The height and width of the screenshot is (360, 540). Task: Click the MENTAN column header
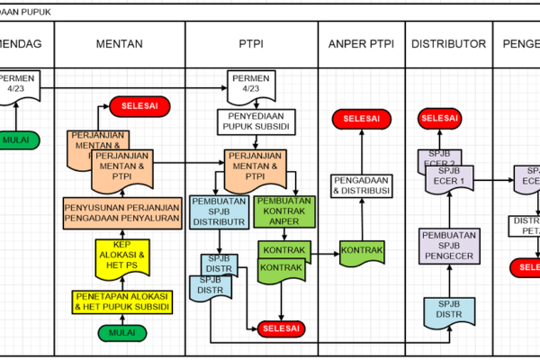coord(120,43)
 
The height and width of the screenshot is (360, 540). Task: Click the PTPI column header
coord(251,43)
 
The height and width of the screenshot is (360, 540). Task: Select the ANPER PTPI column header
coord(361,43)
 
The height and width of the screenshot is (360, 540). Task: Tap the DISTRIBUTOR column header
coord(448,43)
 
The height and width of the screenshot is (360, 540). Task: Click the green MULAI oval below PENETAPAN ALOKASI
coord(122,332)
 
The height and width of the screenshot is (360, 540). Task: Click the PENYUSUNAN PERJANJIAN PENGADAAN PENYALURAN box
coord(121,213)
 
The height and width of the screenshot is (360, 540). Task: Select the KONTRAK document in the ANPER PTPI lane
coord(362,249)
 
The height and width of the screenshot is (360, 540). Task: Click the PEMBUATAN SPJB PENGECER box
coord(447,247)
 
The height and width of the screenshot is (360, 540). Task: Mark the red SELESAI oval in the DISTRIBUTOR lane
coord(440,118)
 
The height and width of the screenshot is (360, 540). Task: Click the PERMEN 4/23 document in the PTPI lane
coord(251,85)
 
